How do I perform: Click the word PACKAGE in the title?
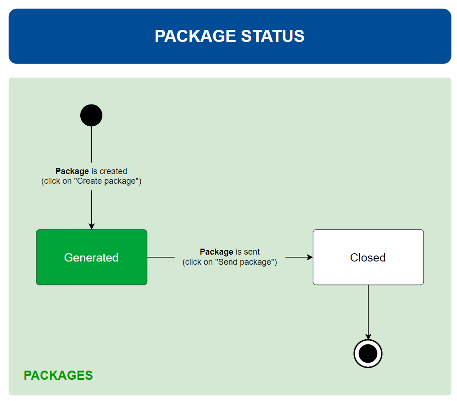click(195, 36)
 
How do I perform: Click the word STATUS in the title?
click(273, 36)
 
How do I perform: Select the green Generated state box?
click(91, 257)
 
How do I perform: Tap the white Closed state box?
click(368, 257)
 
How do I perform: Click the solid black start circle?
click(91, 115)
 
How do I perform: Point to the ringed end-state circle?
click(368, 354)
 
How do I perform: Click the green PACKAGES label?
click(58, 375)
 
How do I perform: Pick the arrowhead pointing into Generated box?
click(91, 227)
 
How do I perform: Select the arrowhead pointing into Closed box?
click(309, 257)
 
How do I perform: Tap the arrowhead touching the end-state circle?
click(368, 337)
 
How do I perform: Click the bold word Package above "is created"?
click(72, 171)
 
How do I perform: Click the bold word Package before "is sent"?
click(216, 252)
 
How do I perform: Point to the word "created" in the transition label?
click(113, 171)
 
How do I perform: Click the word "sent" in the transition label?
click(252, 252)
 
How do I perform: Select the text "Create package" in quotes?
click(106, 181)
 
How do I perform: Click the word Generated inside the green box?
click(91, 257)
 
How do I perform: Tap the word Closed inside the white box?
click(368, 257)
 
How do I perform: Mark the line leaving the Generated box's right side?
click(161, 257)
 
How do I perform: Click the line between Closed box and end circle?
click(368, 312)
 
